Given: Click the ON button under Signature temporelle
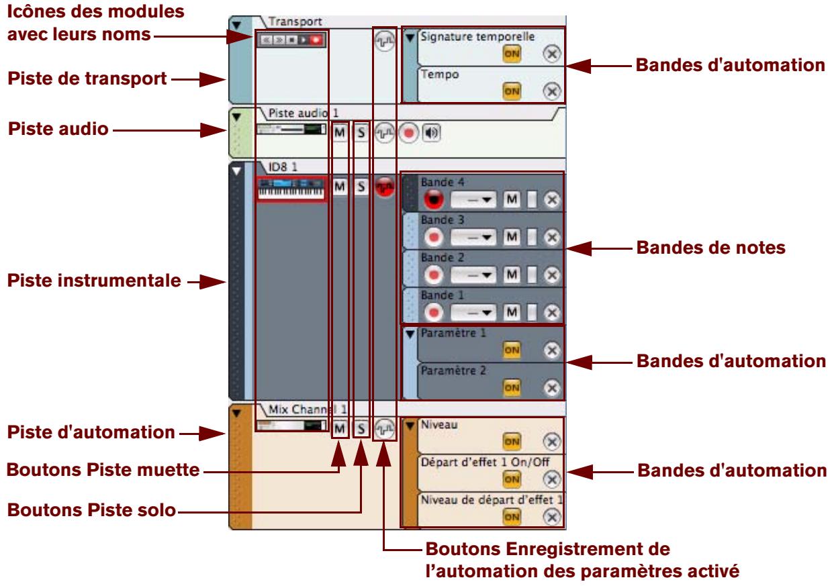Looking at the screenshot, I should (x=512, y=55).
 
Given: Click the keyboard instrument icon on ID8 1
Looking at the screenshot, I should (x=291, y=189).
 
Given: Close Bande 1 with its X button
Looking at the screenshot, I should (x=551, y=313).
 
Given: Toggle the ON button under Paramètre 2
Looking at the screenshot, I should (x=512, y=387).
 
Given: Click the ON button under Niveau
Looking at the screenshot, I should (x=512, y=440).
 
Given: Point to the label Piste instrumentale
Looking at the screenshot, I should (x=93, y=281).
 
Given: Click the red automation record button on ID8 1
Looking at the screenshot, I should (x=384, y=188).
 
